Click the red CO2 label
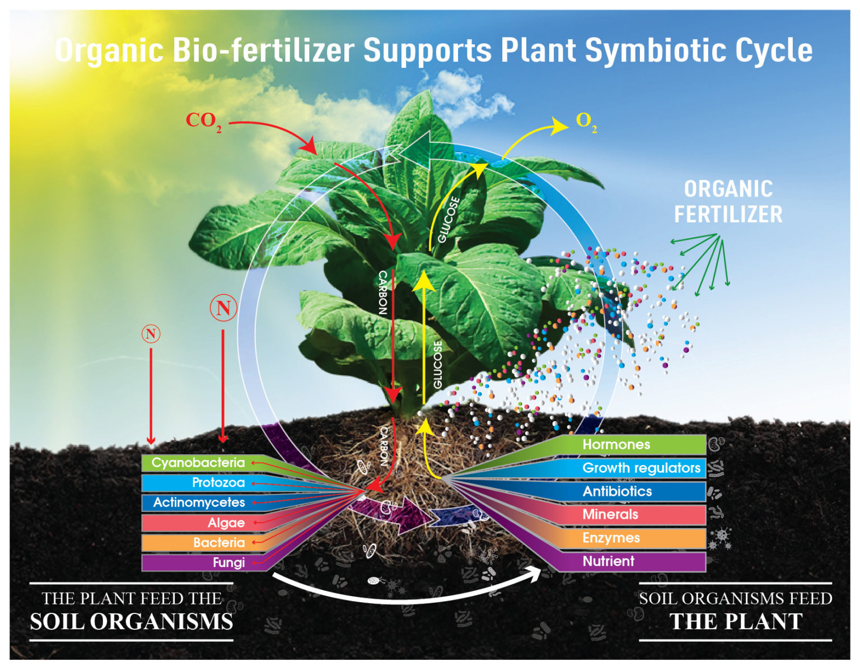tap(203, 121)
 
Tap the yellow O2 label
tap(586, 122)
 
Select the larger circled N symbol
tap(223, 308)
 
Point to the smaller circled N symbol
tap(151, 334)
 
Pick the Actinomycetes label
tap(199, 502)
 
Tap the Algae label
tap(226, 523)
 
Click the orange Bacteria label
tap(218, 542)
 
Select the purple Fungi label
tap(228, 562)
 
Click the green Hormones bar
tap(616, 445)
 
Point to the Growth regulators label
tap(641, 468)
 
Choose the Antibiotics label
tap(617, 491)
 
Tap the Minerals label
tap(610, 514)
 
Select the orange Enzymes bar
tap(611, 538)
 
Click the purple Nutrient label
tap(609, 561)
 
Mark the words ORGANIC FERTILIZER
tap(728, 202)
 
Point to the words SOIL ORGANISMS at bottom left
tap(132, 622)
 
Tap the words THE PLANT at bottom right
tap(736, 622)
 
